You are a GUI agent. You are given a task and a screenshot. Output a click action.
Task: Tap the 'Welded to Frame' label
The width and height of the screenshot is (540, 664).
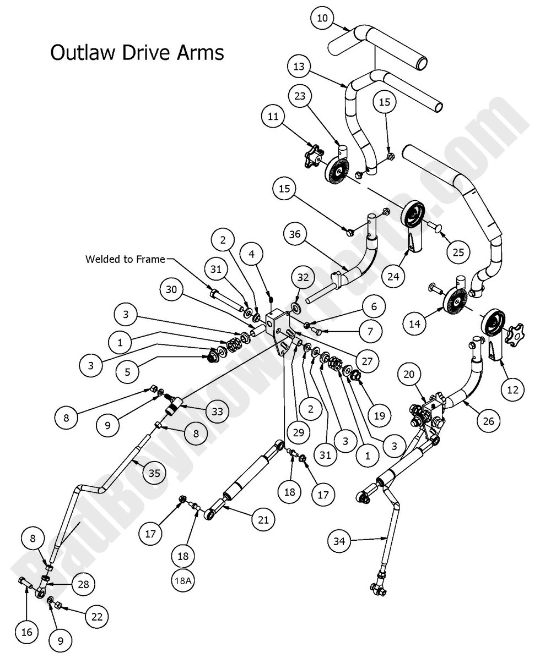[125, 259]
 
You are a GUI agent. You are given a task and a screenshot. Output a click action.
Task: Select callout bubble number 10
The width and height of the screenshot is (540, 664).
[322, 18]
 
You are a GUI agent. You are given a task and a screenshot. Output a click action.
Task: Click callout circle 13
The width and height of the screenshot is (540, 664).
[299, 66]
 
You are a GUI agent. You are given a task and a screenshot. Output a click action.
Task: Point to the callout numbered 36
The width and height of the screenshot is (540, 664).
[295, 234]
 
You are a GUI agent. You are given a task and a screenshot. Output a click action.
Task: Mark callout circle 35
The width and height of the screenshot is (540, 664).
[155, 472]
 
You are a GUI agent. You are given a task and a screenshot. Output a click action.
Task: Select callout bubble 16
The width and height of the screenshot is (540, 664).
[26, 632]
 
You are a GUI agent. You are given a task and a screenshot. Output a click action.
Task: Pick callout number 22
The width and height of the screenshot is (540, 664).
[97, 617]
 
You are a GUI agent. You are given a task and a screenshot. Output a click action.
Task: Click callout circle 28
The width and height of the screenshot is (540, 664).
[83, 584]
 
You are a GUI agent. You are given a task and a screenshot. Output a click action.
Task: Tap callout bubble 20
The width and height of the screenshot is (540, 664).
[408, 374]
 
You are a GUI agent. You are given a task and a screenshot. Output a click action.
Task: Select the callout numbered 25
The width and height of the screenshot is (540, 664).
[458, 253]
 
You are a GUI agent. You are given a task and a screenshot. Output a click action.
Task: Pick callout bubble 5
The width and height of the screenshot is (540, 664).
[127, 372]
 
